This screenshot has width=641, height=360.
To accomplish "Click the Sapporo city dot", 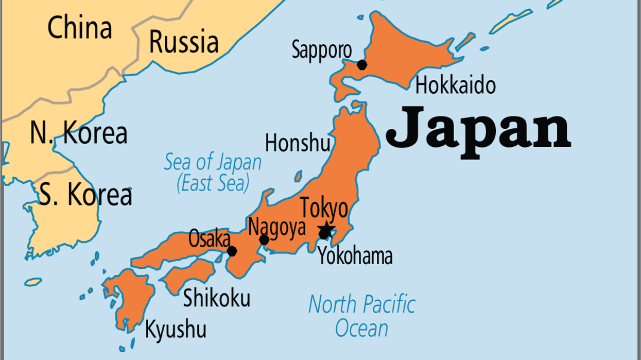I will coord(362,64).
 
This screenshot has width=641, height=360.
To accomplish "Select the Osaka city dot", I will coord(232,251).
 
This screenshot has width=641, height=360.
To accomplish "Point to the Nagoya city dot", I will coord(264,239).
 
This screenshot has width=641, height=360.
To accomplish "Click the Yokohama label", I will coord(355,255).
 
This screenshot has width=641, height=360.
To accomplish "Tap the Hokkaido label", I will coord(455,85).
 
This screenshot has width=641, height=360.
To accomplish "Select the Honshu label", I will coord(298,143).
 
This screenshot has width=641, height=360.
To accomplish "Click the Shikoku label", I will coord(217,298).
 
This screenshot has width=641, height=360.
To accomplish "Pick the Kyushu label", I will coord(176,330).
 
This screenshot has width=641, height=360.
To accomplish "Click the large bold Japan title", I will coord(478,126).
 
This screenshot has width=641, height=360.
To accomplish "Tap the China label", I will coord(79,28).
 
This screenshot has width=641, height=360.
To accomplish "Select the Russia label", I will coord(184,42).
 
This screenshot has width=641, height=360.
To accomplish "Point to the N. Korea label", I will coord(78,133).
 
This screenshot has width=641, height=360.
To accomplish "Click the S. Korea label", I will coord(85,196).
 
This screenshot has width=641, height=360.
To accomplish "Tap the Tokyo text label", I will coord(324,209).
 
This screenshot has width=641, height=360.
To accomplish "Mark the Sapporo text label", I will coord(322,50).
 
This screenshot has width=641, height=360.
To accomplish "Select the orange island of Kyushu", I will coord(129,299).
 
